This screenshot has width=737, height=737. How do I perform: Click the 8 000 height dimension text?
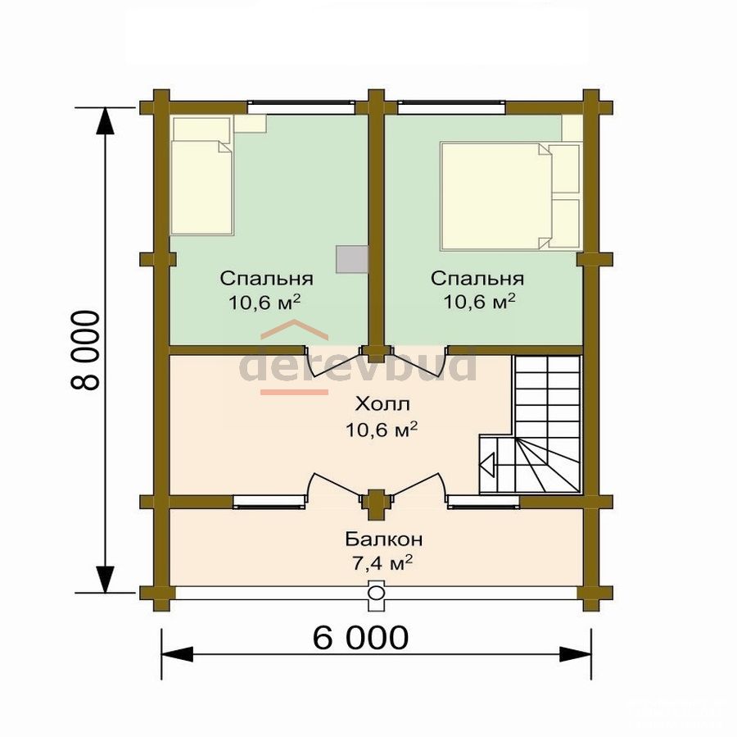pos(85,350)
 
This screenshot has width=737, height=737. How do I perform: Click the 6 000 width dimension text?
pos(360,638)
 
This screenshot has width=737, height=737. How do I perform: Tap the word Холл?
pos(382,404)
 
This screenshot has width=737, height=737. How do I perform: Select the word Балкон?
pos(384,539)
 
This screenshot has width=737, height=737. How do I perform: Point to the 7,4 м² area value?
pos(382,562)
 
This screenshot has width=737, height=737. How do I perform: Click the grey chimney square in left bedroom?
pos(351,259)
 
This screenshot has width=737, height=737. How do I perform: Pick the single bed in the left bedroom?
pos(202,175)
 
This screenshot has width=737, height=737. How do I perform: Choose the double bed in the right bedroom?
pos(510,196)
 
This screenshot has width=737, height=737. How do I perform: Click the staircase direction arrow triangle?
pos(487,466)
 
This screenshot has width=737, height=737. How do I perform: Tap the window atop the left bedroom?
pos(301,107)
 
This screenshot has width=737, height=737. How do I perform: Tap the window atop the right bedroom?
pos(452,107)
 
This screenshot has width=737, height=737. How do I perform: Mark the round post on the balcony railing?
pos(375,592)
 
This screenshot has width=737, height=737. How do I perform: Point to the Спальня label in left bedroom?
pos(266,278)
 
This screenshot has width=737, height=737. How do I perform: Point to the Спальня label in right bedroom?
pos(477,278)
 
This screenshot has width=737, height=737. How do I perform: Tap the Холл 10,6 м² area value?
pos(382,429)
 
